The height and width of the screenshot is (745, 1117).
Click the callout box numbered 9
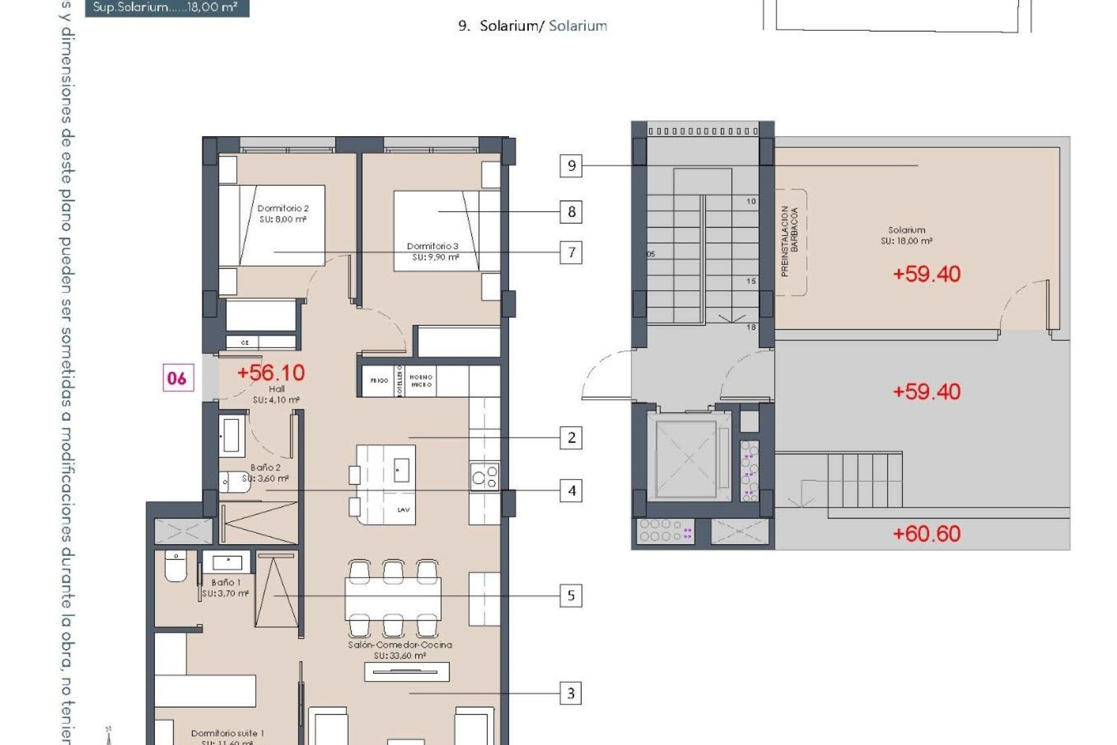point(571,166)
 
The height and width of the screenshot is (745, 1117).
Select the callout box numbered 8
point(571,212)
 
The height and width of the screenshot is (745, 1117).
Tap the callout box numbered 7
point(571,253)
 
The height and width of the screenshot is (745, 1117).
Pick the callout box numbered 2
point(571,438)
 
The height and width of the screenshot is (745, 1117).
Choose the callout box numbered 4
point(571,491)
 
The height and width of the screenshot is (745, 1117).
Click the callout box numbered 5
point(571,595)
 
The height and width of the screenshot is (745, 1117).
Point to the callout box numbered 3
point(571,693)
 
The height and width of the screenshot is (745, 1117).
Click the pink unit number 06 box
point(177,378)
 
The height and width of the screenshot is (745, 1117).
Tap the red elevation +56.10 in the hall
point(271,372)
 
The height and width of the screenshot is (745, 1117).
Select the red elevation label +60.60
point(926,534)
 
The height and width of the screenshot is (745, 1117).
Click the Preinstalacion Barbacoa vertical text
point(789,242)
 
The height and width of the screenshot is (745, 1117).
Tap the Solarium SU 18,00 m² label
point(906,235)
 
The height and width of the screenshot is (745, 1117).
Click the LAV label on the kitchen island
point(403,510)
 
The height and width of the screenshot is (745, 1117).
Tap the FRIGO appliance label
point(379,381)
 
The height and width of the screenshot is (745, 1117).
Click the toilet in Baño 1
point(176,566)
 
